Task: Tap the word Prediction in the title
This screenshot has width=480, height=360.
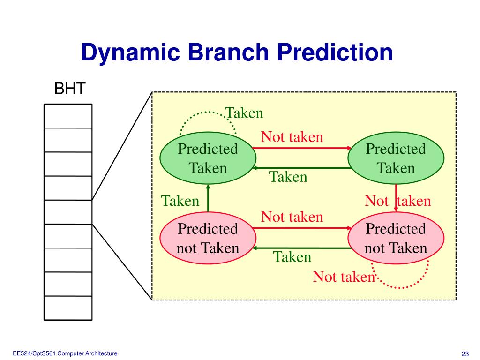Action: (335, 52)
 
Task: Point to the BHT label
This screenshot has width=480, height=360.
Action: (70, 89)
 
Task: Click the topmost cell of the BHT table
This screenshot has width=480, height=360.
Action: (68, 116)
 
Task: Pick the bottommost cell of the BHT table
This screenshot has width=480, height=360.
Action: (68, 308)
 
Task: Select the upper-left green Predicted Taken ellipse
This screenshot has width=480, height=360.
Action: (208, 158)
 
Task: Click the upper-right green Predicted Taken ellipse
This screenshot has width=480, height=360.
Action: (396, 158)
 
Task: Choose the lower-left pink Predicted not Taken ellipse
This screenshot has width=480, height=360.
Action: (208, 238)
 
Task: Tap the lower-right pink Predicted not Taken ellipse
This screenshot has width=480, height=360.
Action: (396, 238)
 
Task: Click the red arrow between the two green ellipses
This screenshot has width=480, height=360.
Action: (302, 148)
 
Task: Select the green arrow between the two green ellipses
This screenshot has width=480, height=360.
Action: (302, 168)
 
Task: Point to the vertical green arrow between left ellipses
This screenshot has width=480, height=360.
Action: (208, 198)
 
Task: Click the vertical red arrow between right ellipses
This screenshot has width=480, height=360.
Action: (396, 198)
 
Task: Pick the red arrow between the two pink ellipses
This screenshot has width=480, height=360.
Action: (302, 228)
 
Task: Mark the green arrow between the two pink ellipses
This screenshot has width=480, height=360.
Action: (302, 248)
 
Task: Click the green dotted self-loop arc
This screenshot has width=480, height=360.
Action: (208, 112)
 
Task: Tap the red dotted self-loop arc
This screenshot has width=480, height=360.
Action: (400, 288)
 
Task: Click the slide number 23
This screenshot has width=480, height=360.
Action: (465, 354)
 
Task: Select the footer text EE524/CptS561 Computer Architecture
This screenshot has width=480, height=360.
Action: (65, 353)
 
